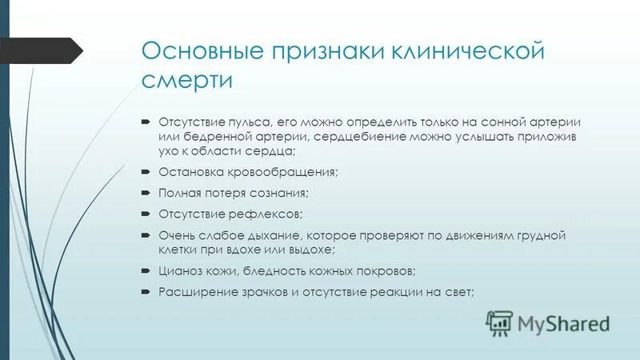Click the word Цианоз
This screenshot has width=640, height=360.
[x=180, y=271]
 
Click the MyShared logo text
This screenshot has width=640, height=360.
[x=562, y=322]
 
